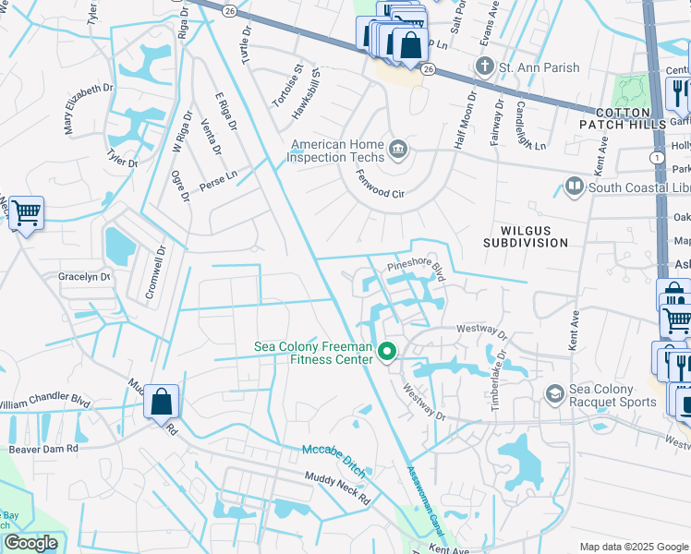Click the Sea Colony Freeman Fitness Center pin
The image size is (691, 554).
[x=389, y=352]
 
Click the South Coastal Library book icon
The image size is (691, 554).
[x=574, y=187]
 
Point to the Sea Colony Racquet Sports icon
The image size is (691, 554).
[x=554, y=394]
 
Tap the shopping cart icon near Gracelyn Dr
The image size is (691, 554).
[x=26, y=213]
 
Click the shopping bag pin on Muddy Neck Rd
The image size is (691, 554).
[x=161, y=402]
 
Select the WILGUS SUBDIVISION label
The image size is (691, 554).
[x=526, y=235]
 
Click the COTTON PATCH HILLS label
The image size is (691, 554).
[x=622, y=117]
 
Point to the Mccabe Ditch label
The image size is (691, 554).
[x=334, y=461]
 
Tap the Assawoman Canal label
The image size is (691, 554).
[x=422, y=498]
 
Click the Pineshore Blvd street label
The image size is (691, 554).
[x=416, y=269]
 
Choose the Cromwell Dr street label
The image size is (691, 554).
[x=153, y=271]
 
